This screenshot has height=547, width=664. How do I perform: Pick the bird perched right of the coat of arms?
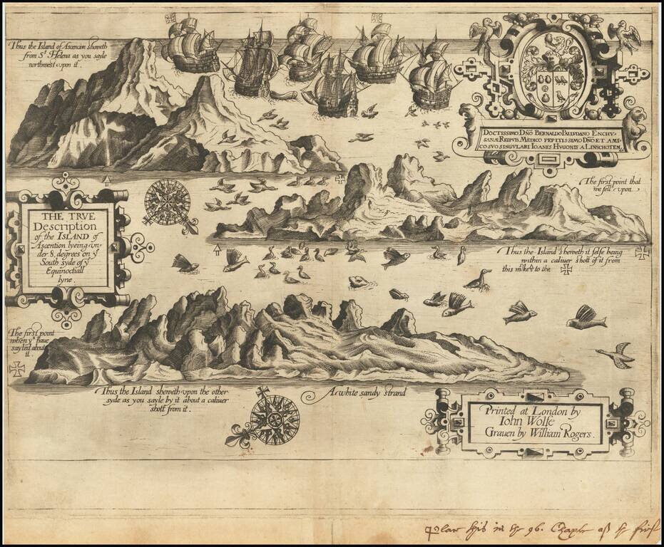628,36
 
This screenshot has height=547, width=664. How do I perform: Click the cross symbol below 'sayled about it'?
16,368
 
